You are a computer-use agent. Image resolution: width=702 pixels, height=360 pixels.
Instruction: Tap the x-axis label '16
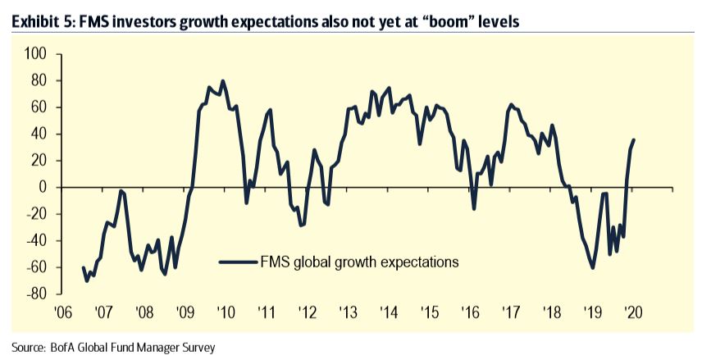click(x=471, y=312)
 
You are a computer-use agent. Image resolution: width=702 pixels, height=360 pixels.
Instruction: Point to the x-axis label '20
click(x=633, y=312)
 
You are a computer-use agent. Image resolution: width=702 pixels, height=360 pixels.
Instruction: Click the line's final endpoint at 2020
click(x=635, y=139)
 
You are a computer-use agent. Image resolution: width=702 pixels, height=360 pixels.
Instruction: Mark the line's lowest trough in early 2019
click(x=593, y=267)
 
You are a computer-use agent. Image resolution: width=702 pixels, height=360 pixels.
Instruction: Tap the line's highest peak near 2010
click(x=223, y=80)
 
